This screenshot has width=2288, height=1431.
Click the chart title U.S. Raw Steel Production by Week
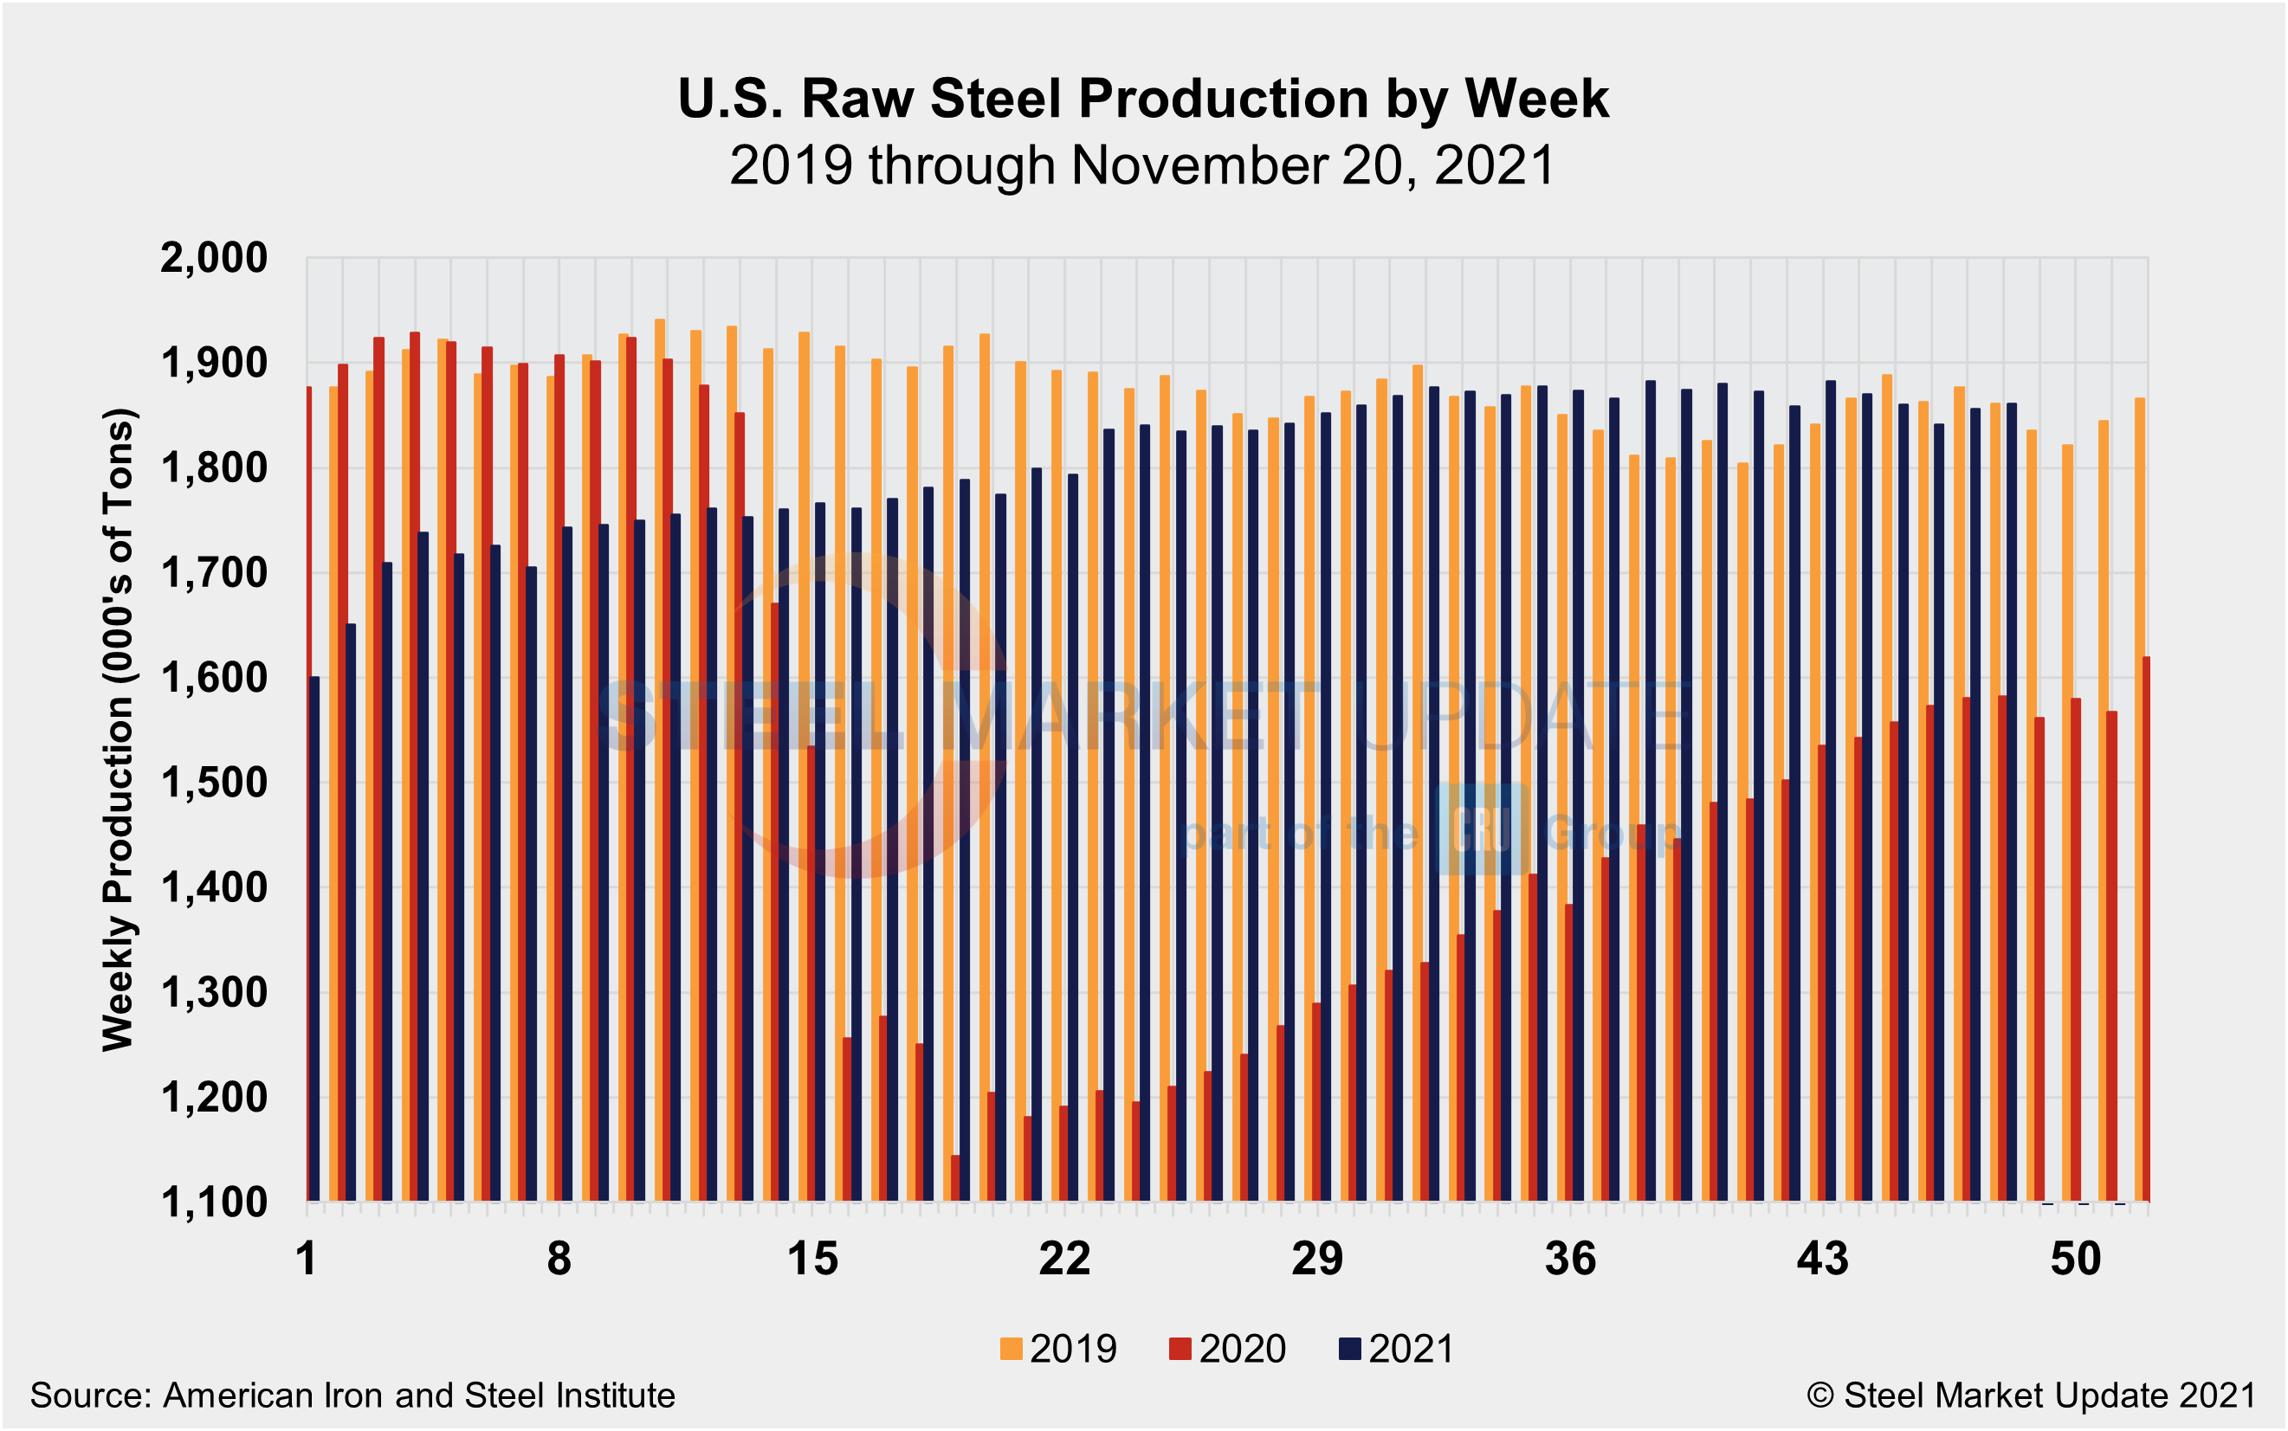1142,99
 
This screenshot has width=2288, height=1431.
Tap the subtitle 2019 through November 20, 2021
1142,165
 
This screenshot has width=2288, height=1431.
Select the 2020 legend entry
1228,1349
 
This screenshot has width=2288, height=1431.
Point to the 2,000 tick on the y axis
214,257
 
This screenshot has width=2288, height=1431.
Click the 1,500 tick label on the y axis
214,783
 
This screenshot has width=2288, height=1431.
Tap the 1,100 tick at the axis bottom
214,1203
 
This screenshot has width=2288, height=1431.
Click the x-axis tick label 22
1064,1260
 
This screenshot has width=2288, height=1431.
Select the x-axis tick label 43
1822,1260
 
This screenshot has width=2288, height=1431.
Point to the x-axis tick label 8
559,1260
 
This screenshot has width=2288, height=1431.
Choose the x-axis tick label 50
2075,1260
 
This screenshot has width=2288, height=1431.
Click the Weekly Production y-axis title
120,730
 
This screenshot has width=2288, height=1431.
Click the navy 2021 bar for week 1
314,937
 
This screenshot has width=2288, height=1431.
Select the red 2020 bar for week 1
308,795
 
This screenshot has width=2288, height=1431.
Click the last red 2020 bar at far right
2146,927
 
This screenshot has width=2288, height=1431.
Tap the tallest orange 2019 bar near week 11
660,757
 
